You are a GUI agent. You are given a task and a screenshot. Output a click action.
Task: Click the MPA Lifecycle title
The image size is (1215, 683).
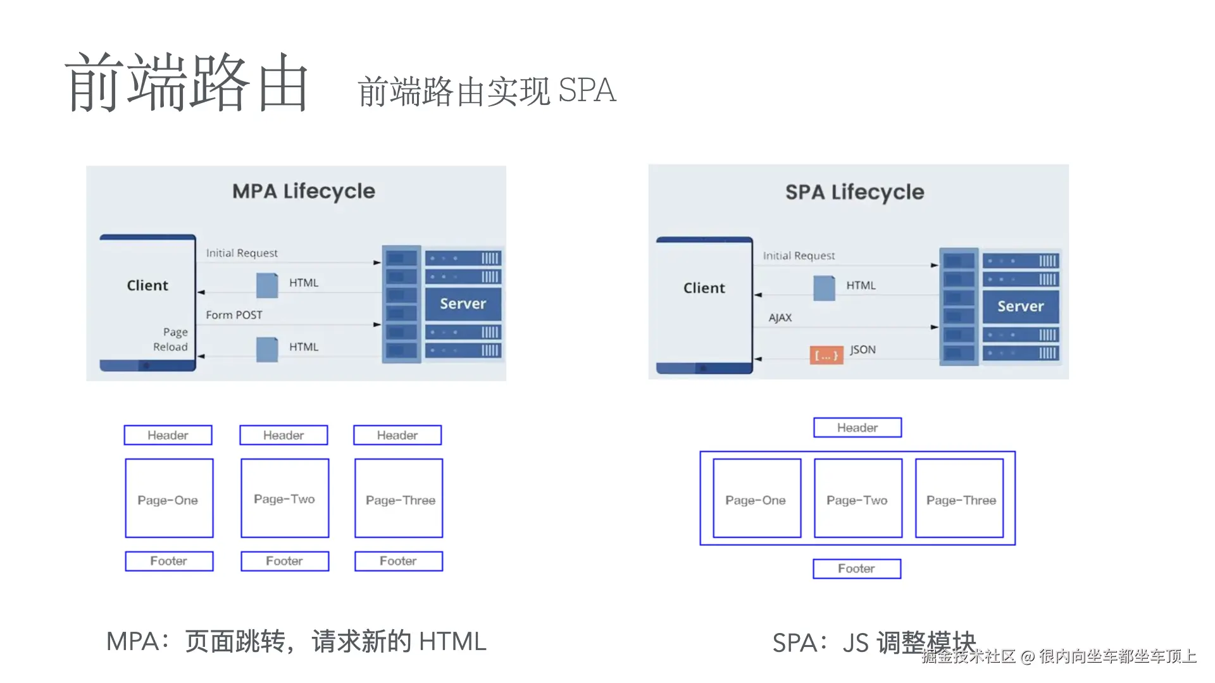[303, 191]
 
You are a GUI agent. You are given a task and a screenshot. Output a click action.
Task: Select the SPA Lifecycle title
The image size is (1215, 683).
[854, 192]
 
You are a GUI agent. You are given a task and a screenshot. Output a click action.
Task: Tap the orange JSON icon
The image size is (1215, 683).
[826, 355]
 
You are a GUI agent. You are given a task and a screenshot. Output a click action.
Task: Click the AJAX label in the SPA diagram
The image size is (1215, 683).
[780, 317]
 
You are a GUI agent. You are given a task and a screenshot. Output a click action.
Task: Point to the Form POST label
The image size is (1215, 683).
[234, 315]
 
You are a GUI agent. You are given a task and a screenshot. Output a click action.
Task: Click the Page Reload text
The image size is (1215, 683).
[171, 340]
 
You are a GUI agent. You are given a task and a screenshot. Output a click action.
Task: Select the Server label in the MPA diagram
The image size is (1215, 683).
[463, 304]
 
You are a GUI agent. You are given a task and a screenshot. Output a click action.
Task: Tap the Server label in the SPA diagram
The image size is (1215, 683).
[1020, 307]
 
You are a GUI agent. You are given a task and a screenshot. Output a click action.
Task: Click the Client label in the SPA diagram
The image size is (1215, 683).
[704, 288]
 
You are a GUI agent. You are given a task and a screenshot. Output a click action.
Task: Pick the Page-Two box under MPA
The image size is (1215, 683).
[285, 498]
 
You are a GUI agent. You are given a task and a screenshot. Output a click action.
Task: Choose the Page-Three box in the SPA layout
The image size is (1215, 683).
[960, 499]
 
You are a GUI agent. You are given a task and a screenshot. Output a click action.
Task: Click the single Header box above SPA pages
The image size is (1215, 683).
[857, 428]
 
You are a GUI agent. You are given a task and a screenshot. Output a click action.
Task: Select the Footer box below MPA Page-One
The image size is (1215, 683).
[169, 561]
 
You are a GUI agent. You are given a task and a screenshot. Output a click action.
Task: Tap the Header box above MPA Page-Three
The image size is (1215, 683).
[397, 435]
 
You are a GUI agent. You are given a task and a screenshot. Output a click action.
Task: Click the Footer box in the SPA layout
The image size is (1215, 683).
[857, 569]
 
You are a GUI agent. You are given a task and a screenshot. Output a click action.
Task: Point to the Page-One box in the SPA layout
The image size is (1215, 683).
[756, 499]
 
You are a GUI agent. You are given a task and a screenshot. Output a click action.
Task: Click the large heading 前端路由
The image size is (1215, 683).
[187, 82]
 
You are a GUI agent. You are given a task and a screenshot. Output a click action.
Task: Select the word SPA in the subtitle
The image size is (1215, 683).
[587, 90]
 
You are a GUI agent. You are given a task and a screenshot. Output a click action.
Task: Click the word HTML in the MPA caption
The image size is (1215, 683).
[452, 642]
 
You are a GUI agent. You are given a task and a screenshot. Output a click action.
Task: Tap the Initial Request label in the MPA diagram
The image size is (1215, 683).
[242, 253]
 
